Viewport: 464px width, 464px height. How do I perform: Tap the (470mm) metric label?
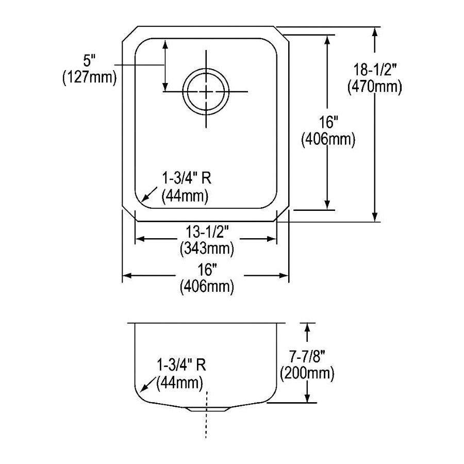[x=375, y=87]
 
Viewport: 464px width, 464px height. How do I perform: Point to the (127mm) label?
[x=89, y=77]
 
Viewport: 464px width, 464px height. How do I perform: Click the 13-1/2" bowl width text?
[x=207, y=231]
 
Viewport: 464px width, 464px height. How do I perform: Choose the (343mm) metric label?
[x=207, y=248]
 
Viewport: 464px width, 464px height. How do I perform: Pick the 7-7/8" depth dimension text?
[x=307, y=357]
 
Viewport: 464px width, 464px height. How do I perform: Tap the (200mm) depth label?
[x=307, y=373]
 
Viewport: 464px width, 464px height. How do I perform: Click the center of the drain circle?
[x=206, y=91]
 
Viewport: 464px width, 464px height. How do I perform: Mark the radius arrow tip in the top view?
[x=143, y=201]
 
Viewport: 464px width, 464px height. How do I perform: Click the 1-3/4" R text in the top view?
[x=187, y=178]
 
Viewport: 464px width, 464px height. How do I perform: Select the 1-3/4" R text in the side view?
[x=181, y=365]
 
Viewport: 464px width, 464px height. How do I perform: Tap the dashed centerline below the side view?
[x=206, y=415]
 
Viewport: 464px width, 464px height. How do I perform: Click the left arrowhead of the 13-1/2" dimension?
[x=140, y=239]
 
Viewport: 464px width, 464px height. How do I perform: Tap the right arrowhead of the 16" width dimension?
[x=284, y=276]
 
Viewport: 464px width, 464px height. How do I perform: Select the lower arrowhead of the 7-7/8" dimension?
[x=308, y=397]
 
